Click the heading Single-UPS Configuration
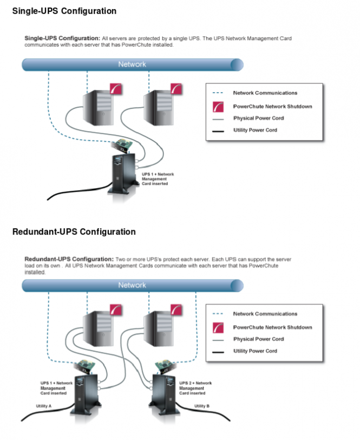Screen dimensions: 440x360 64,10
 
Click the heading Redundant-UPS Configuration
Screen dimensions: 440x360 74,231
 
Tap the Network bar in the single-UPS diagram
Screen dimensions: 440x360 132,64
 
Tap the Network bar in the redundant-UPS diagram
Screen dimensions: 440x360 132,285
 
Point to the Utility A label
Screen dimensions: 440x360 43,405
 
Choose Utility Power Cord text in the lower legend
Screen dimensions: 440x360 255,351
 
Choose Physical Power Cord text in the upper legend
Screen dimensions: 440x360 258,118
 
